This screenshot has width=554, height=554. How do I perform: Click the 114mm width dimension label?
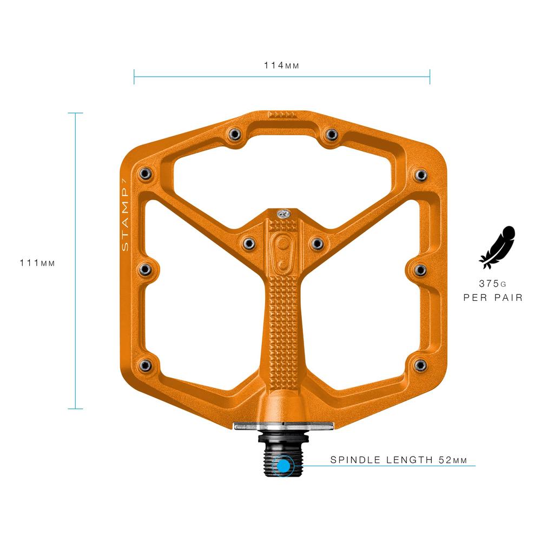(281, 65)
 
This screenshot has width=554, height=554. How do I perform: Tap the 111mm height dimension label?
(37, 263)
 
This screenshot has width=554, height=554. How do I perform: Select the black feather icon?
(497, 247)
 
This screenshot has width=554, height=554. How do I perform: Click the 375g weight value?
(492, 283)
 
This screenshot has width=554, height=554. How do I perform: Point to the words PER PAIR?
(493, 298)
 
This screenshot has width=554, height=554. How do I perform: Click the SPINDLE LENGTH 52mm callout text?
(398, 460)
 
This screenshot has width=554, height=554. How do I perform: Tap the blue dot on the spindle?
(282, 465)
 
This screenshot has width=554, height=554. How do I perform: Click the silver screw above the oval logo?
(282, 214)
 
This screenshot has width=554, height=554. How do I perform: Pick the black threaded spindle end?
(282, 457)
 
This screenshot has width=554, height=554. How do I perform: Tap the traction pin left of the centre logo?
(248, 242)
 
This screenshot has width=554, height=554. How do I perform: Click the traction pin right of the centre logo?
(316, 242)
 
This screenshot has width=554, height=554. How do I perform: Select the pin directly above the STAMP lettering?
(144, 173)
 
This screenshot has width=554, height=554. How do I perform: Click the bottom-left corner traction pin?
(144, 365)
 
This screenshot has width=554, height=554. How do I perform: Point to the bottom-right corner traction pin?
(420, 365)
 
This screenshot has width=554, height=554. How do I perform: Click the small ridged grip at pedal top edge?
(282, 115)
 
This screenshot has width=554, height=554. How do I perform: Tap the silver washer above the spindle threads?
(282, 426)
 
